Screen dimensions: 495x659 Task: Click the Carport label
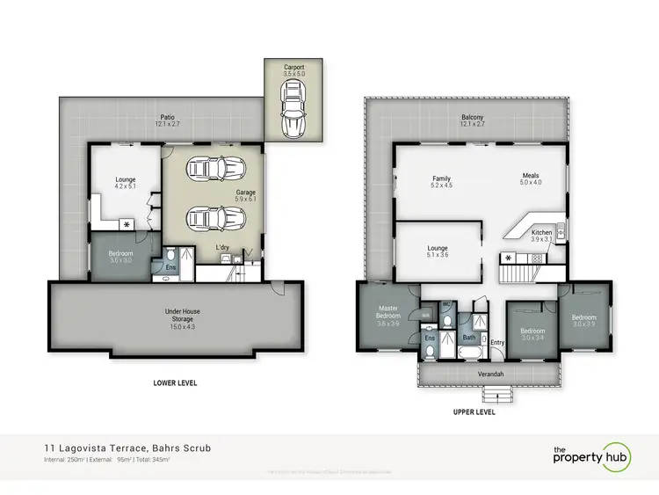tap(293, 70)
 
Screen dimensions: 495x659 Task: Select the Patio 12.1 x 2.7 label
tap(165, 120)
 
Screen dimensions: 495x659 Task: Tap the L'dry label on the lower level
tap(223, 248)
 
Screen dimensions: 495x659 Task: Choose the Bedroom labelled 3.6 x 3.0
tap(120, 256)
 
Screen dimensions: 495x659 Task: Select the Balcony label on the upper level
tap(473, 120)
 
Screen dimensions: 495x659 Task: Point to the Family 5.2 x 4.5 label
tap(441, 181)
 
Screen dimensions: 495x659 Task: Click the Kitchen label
tap(541, 235)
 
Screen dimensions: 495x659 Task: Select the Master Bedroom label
tap(388, 314)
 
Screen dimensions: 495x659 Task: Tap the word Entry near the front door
tap(498, 341)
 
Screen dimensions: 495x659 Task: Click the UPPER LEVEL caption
tap(474, 411)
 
